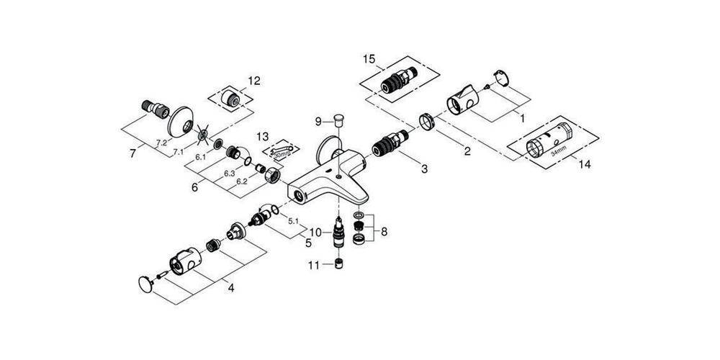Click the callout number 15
[x=370, y=58]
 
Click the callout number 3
[x=424, y=169]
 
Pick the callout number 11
[x=314, y=266]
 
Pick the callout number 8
[x=384, y=232]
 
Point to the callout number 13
[x=261, y=136]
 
